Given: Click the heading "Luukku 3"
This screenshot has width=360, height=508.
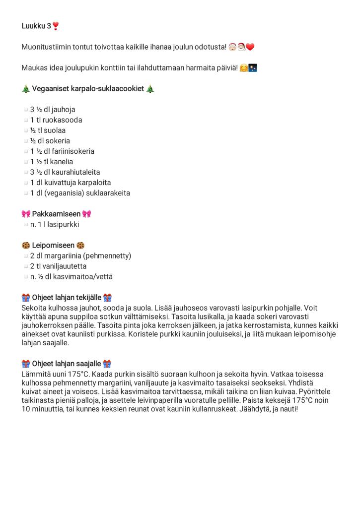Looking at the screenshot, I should pyautogui.click(x=36, y=26).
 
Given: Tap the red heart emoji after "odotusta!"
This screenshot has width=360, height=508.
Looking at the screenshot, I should pyautogui.click(x=250, y=47).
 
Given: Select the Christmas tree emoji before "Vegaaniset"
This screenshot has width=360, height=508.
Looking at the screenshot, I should pyautogui.click(x=26, y=89).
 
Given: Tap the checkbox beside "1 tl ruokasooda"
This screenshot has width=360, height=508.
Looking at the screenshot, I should pyautogui.click(x=25, y=120).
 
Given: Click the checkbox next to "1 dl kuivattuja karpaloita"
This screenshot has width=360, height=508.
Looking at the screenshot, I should pyautogui.click(x=25, y=183).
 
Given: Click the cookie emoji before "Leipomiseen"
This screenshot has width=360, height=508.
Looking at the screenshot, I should pyautogui.click(x=26, y=246).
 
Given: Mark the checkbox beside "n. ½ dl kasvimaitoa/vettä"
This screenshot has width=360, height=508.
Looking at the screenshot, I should pyautogui.click(x=25, y=277).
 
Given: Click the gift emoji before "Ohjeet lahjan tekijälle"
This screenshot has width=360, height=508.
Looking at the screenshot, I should pyautogui.click(x=26, y=298).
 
